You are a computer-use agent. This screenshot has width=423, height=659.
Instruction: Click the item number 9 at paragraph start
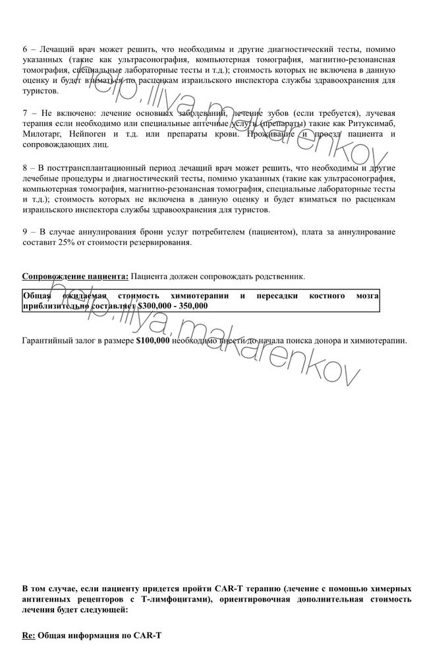pos(25,232)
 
